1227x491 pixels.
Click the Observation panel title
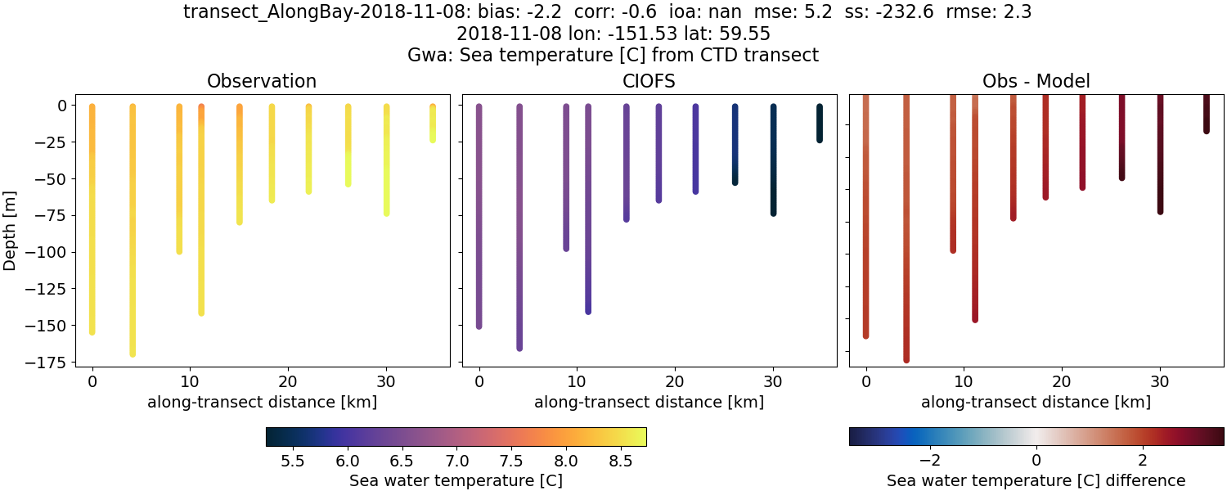click(262, 81)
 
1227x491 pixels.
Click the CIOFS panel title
click(649, 81)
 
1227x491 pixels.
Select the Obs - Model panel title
click(1036, 81)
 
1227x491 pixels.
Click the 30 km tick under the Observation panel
click(386, 381)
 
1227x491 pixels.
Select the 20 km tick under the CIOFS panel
click(675, 381)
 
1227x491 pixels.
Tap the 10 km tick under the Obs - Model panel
click(964, 381)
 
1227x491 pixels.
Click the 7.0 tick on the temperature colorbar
click(456, 461)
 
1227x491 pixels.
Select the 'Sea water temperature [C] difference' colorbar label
click(1036, 480)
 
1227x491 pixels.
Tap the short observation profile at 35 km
click(433, 123)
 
